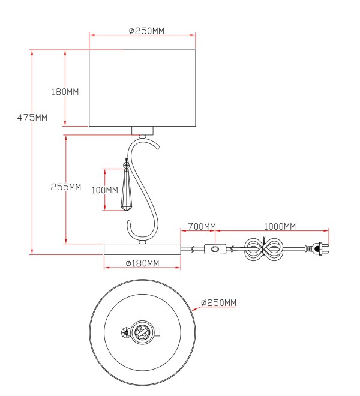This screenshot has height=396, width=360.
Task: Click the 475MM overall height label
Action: tap(32, 118)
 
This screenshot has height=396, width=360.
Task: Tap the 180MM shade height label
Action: tap(65, 91)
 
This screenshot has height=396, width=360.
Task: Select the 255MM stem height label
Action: tap(65, 187)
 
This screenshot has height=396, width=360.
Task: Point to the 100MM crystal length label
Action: tap(104, 190)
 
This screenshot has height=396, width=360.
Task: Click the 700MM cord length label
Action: tap(202, 226)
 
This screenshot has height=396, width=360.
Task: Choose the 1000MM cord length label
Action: tap(280, 226)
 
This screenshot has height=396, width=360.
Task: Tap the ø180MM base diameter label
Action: tap(142, 263)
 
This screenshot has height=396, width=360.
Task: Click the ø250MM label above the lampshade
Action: tap(146, 31)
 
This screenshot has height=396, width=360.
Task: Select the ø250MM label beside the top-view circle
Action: tap(219, 302)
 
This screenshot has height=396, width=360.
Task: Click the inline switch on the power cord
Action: tap(215, 249)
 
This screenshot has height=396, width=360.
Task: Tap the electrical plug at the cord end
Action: tap(317, 248)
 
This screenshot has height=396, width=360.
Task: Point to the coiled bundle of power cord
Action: tap(263, 248)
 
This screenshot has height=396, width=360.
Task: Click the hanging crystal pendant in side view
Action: tap(126, 185)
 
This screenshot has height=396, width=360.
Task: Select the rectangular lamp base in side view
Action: tap(142, 249)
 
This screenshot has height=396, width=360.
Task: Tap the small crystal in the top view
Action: tap(125, 332)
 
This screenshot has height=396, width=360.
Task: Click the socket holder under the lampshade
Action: tap(142, 131)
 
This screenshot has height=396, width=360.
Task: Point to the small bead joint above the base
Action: tap(142, 242)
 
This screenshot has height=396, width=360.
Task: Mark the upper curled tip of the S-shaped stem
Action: tap(158, 148)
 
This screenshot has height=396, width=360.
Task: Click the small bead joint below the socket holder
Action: tap(142, 137)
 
